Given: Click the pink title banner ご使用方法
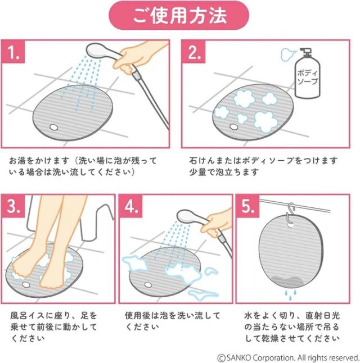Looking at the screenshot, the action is click(179, 15).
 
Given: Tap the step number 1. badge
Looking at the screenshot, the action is click(13, 51).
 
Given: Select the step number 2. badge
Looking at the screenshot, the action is click(193, 52).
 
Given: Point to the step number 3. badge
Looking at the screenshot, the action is click(13, 206).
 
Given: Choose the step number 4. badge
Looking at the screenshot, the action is click(130, 206).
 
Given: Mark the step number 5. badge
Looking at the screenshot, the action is click(248, 206).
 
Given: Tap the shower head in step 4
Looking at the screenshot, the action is click(191, 217).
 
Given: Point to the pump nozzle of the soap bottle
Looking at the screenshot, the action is click(305, 52).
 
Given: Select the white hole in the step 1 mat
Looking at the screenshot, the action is click(53, 127).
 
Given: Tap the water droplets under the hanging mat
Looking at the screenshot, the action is click(291, 294).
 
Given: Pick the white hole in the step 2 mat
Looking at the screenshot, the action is click(233, 126).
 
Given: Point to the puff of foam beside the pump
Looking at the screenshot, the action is click(287, 55).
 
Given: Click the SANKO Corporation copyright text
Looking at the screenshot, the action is click(288, 357).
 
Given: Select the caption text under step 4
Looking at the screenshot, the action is click(172, 321).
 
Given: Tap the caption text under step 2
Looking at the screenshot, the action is click(263, 166).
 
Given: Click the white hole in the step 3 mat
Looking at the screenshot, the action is click(26, 284).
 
